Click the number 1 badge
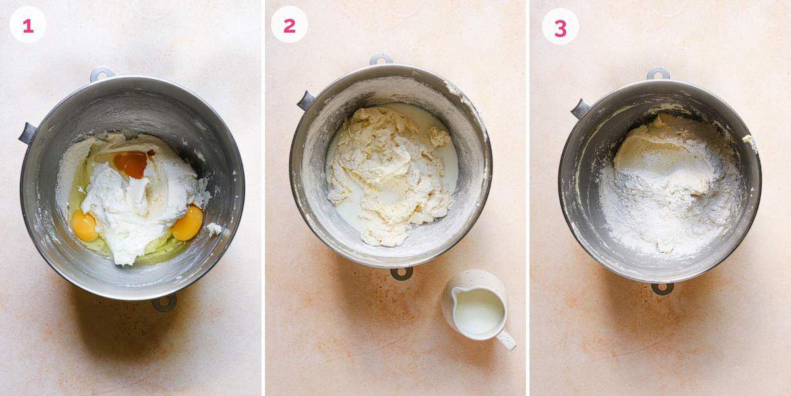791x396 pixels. [x=28, y=25]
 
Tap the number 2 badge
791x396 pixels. [x=289, y=25]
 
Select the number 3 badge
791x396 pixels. [x=560, y=27]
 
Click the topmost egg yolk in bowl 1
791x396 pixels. [x=131, y=164]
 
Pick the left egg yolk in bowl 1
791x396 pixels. [x=84, y=226]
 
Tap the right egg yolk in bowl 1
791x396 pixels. [x=187, y=224]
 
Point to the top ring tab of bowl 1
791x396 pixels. [x=102, y=73]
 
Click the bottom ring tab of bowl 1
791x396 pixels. [x=164, y=303]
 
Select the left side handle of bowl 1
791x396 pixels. [x=28, y=133]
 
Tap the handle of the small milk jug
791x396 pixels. [x=506, y=340]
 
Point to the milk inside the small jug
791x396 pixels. [x=479, y=310]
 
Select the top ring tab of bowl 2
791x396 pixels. [x=381, y=59]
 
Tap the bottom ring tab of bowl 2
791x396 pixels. [x=401, y=273]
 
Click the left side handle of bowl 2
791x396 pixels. [x=306, y=100]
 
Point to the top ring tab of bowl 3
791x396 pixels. [x=658, y=73]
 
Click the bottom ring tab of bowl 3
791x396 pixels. [x=662, y=288]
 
